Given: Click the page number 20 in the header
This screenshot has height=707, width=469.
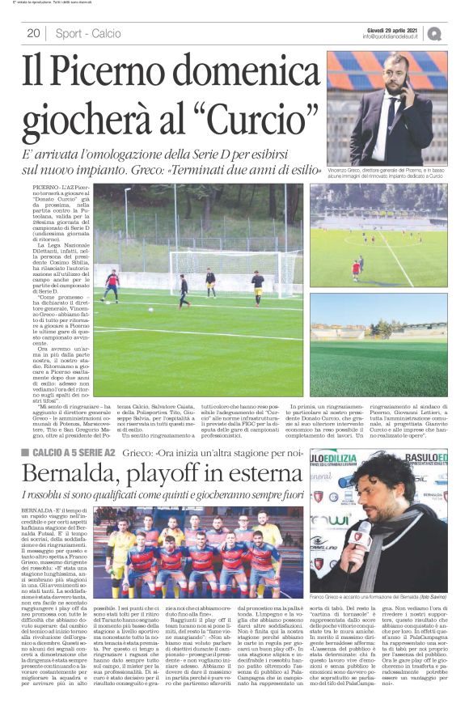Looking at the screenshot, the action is (33, 33).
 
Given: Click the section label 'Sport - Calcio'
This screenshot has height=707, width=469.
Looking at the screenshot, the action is (88, 33).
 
